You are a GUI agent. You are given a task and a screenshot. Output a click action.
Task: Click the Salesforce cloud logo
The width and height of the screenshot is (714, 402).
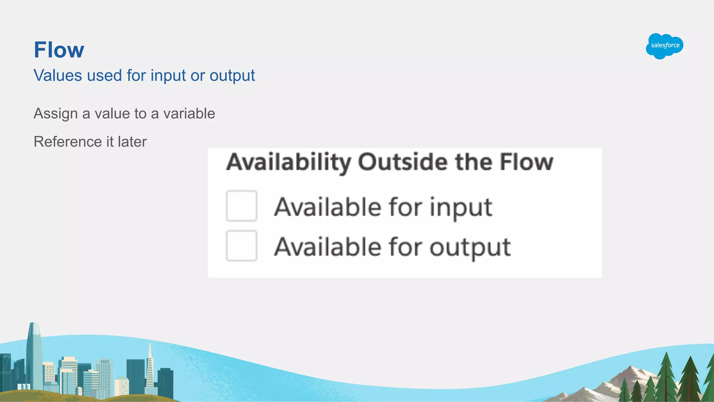point(664,46)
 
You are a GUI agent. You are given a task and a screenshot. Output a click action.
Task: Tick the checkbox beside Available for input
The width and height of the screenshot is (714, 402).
point(242,206)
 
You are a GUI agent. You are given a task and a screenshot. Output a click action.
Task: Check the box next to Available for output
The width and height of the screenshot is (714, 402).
point(242,246)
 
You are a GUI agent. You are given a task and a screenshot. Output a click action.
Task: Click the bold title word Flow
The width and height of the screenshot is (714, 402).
point(59,50)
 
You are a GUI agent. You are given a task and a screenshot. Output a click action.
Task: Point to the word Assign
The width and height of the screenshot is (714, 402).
point(55,114)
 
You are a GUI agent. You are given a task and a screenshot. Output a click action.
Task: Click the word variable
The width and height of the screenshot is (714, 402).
point(189,114)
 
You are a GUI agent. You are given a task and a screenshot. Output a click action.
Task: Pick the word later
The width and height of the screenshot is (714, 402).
point(132,142)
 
